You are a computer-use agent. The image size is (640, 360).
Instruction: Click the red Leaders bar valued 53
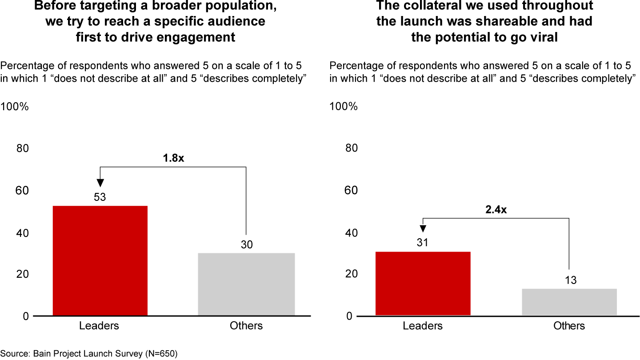[100, 260]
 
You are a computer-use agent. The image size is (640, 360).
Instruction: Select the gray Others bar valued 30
[246, 284]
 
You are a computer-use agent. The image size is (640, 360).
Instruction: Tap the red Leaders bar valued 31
[423, 283]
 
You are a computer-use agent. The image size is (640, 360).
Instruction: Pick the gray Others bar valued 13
[569, 302]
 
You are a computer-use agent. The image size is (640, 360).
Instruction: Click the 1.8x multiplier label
[173, 158]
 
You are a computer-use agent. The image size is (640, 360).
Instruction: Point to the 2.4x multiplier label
[496, 209]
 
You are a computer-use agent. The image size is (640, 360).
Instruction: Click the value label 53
[100, 197]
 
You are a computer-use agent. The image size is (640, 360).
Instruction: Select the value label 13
[570, 280]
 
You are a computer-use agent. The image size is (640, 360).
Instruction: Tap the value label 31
[423, 243]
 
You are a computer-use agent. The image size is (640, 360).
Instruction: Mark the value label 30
[246, 244]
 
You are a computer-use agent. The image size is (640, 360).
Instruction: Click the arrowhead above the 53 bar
[100, 182]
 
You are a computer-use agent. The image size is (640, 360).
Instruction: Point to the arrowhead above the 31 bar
[423, 228]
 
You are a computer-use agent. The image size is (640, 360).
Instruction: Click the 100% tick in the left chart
[15, 107]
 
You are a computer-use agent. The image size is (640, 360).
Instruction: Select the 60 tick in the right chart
[351, 190]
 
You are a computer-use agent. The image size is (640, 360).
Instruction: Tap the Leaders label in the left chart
[99, 326]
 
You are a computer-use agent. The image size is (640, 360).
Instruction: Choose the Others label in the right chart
[569, 326]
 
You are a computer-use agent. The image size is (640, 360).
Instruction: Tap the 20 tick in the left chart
[22, 274]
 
